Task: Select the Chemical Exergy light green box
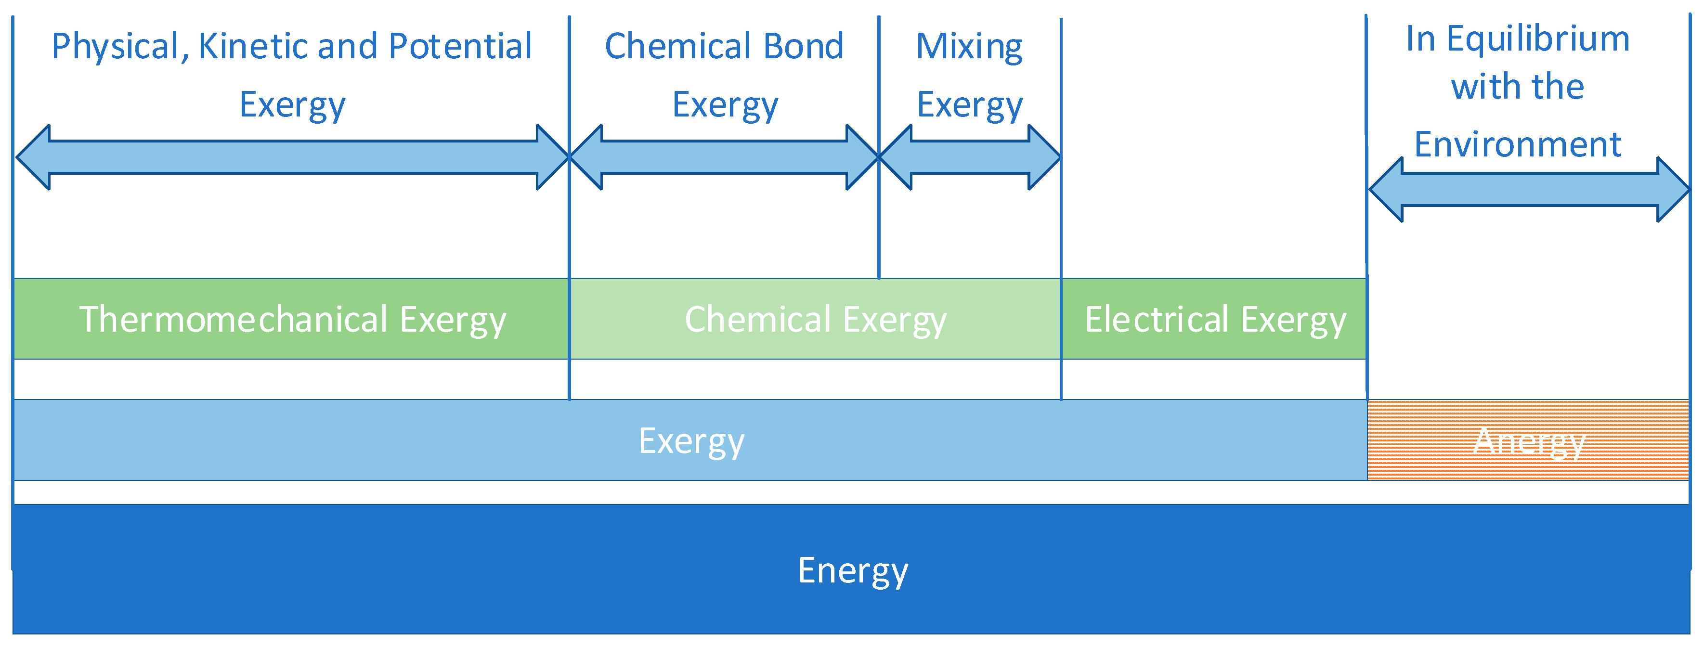815,319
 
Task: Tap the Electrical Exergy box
1214,319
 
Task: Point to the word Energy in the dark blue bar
852,570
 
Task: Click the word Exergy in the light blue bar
691,440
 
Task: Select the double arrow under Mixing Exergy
970,157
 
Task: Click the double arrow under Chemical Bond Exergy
724,157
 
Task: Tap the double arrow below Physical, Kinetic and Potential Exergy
292,157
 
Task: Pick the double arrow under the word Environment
1528,190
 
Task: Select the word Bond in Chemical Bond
803,46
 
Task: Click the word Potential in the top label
460,46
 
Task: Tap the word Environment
1518,144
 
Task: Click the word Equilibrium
1537,39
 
